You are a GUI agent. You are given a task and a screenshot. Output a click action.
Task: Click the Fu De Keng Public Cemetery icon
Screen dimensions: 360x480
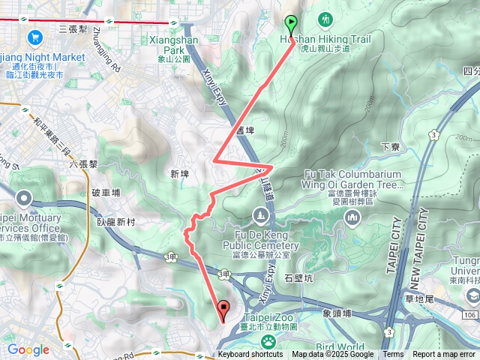259,217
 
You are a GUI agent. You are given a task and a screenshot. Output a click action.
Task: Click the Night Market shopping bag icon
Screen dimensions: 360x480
34,37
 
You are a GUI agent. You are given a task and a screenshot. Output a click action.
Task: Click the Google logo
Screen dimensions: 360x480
28,349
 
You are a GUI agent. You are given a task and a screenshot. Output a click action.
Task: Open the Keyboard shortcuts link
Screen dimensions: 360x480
250,355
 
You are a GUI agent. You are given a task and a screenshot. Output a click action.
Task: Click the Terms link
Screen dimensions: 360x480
393,355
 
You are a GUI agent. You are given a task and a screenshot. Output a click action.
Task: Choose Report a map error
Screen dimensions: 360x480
444,355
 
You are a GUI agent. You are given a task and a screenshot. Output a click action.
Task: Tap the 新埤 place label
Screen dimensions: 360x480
179,174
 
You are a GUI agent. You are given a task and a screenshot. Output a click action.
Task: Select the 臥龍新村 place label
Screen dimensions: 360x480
116,223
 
